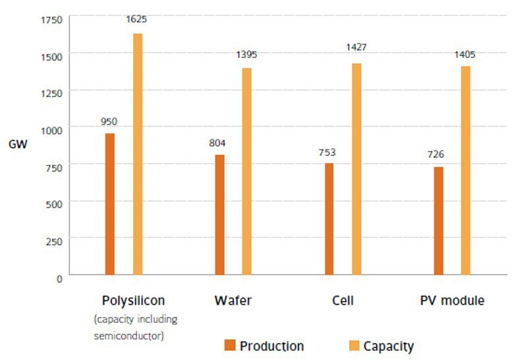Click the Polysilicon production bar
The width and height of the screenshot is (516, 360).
point(110,204)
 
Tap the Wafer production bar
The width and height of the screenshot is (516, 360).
point(219,214)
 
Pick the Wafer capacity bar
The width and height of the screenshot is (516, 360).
point(246,171)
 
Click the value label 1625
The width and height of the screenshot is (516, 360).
point(136,19)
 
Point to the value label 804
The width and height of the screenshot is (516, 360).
point(218,142)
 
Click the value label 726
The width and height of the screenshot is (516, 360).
point(436,154)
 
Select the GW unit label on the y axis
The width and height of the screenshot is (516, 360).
point(17,145)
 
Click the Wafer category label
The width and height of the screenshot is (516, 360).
point(233,301)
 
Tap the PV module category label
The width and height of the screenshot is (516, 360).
point(451,301)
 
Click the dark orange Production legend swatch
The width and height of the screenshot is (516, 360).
point(229,345)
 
